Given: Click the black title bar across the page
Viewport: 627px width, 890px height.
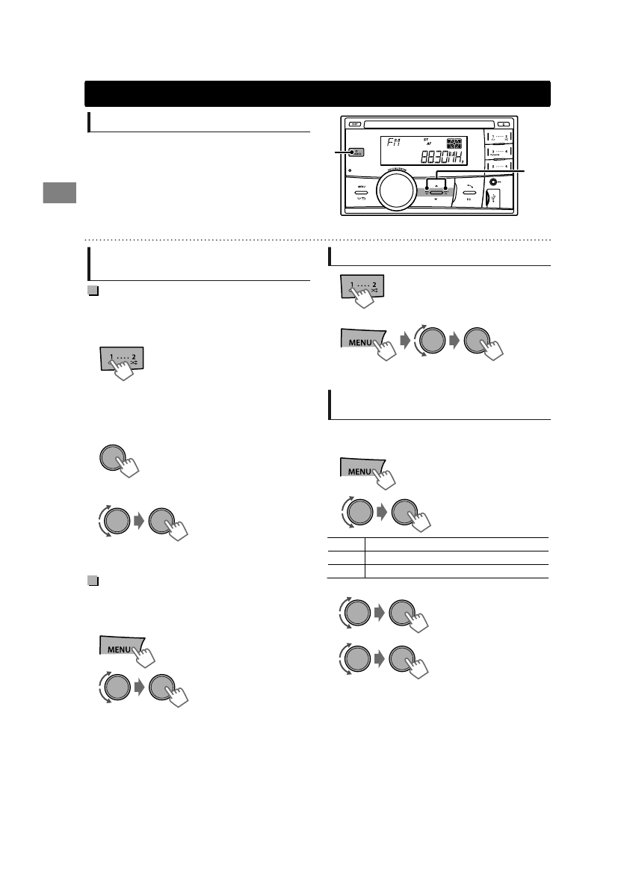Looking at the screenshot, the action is tap(318, 94).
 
